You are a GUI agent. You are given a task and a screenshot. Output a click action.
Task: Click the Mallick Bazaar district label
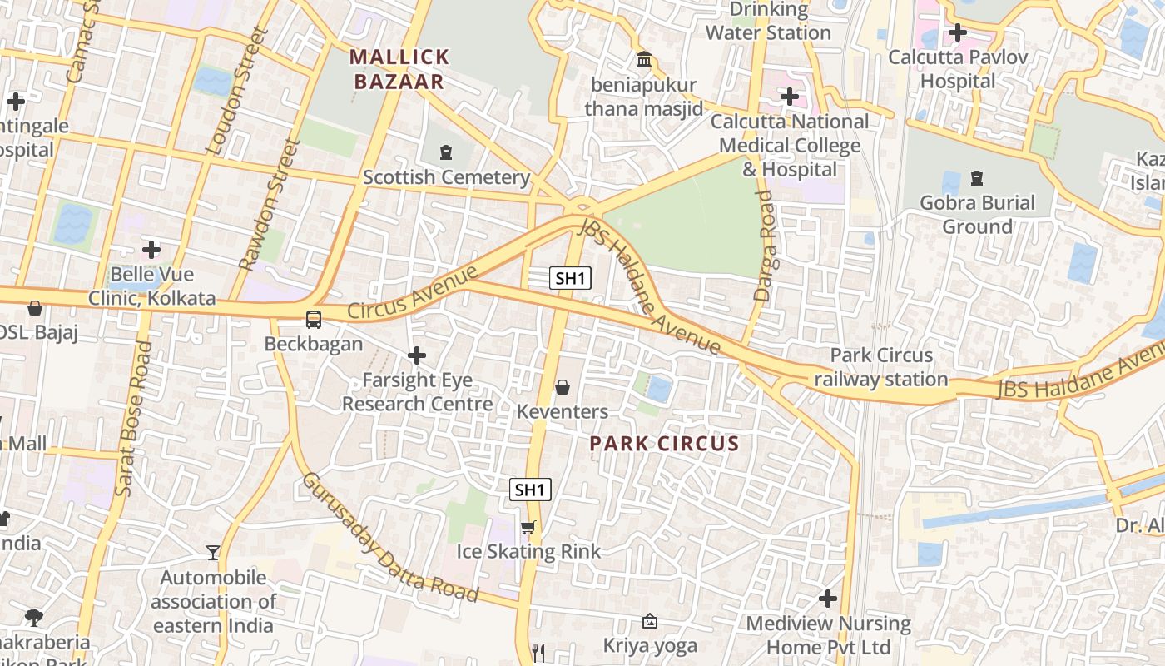coord(399,69)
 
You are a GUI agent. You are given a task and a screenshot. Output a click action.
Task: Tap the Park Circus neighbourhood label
coord(664,444)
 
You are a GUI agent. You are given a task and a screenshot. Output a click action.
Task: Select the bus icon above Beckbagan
coord(314,319)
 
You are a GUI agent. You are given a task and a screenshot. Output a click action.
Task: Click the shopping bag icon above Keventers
coord(563,387)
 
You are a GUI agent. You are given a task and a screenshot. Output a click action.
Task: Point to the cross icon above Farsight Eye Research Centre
coord(417,356)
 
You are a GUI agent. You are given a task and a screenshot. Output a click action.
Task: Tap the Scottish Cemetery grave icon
coord(447,152)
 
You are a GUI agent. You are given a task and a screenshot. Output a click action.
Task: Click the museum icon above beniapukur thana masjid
coord(644,60)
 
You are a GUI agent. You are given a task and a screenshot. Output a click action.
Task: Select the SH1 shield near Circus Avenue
coord(570,278)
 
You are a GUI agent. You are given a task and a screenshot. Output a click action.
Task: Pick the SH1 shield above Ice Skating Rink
coord(530,490)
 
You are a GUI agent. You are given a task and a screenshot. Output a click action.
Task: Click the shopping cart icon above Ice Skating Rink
coord(528,527)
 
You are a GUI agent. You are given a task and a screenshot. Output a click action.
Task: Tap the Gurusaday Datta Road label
coord(389,538)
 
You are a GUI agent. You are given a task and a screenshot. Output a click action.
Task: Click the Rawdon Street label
coord(269,205)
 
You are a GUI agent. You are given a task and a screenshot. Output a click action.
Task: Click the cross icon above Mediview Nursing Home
coord(828,599)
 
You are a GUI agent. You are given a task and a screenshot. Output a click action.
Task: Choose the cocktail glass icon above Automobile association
coord(213,553)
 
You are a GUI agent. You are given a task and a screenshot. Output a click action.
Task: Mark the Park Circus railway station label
coord(881,367)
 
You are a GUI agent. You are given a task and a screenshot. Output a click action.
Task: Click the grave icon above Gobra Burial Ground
coord(977,178)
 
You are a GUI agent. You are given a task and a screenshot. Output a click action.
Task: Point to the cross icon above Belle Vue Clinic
coord(151,250)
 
